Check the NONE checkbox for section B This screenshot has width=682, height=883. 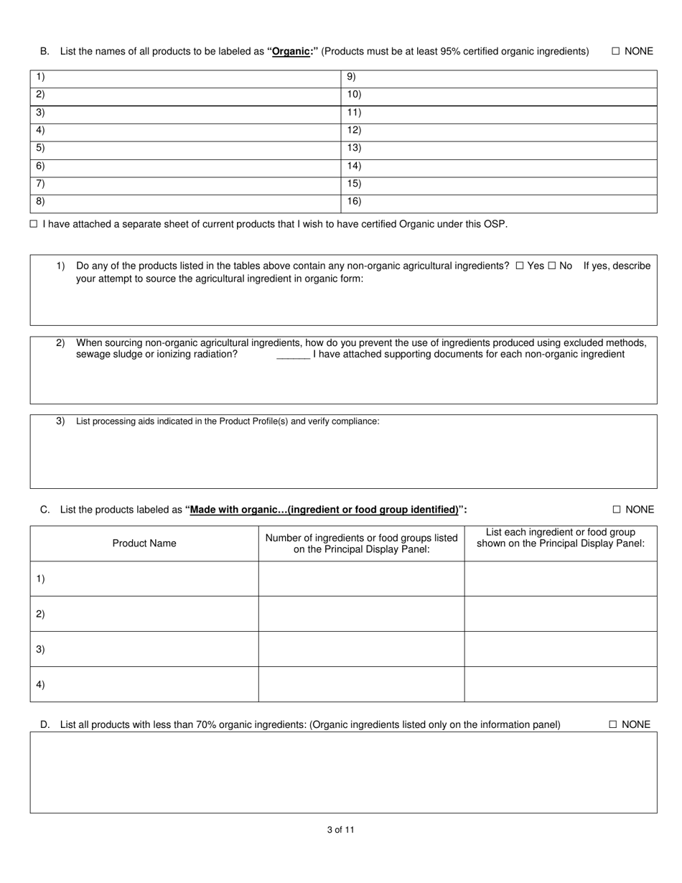pos(615,51)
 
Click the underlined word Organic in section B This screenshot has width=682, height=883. pos(291,51)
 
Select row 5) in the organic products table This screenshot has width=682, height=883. pos(185,148)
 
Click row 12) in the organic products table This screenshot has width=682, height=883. pos(498,130)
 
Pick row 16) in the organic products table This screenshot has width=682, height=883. pos(498,202)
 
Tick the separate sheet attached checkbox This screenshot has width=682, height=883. pos(34,224)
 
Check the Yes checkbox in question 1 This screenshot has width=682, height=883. pos(520,266)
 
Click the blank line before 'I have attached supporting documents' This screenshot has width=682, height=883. pos(293,354)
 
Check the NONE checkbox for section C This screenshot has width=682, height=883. pos(616,510)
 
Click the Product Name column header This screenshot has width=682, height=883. pos(144,543)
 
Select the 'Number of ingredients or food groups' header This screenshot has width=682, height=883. pos(361,543)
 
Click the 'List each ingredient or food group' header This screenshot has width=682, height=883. pos(560,538)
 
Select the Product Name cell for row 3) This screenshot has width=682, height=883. pos(144,649)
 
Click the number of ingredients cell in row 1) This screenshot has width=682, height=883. pos(361,579)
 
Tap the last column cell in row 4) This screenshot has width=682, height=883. pos(560,684)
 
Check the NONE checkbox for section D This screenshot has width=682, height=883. pos(613,724)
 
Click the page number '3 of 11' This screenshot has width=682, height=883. pos(340,830)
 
